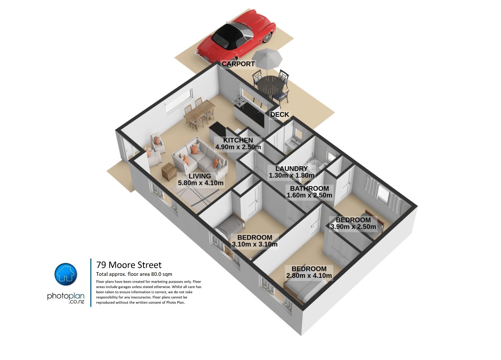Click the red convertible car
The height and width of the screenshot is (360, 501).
tap(236, 38)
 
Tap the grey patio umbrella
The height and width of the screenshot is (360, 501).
tap(267, 58)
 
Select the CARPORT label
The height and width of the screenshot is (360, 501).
tap(238, 64)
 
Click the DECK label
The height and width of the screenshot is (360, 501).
tap(280, 114)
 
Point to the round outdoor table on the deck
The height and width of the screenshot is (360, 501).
tap(270, 85)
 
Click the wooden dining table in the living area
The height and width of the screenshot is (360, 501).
tap(199, 113)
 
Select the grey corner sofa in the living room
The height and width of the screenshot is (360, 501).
tap(200, 156)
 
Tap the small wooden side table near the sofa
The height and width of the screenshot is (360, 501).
tap(169, 171)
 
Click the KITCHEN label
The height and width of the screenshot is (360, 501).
tap(238, 140)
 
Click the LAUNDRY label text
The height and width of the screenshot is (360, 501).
tap(291, 168)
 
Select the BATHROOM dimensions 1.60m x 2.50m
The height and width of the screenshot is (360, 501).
tap(309, 195)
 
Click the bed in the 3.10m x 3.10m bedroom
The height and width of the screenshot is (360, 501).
tap(231, 225)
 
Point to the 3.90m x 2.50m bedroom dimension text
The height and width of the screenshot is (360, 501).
tap(353, 227)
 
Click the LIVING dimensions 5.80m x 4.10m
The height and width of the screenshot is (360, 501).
tap(201, 183)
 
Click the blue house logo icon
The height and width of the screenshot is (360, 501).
tap(66, 274)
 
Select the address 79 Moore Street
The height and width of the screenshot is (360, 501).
tap(129, 265)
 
